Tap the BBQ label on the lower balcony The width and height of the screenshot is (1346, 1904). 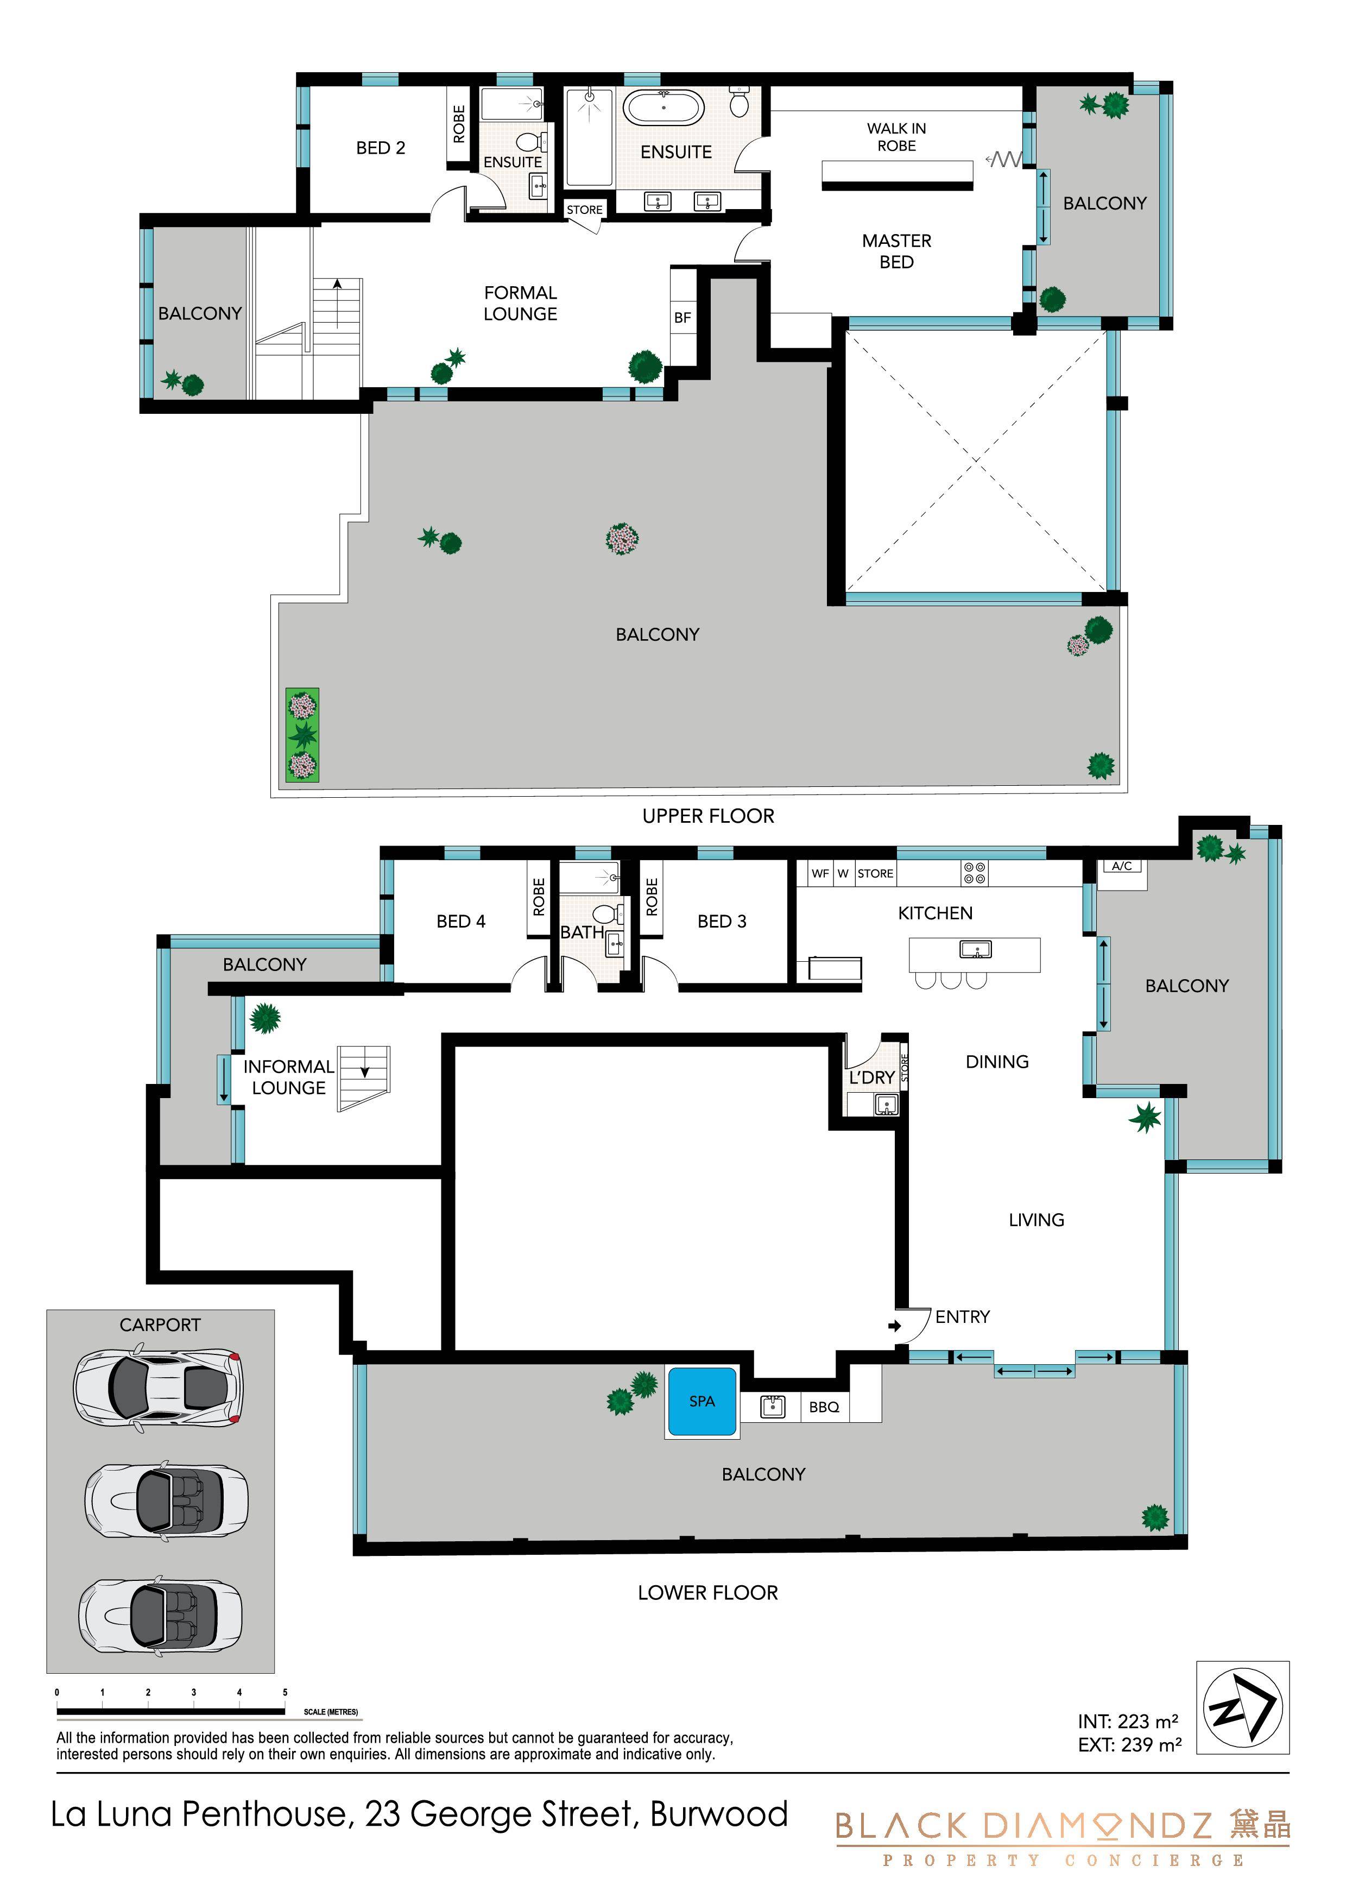point(824,1407)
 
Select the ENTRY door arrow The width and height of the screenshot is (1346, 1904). point(894,1326)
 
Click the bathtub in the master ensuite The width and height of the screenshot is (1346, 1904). point(663,108)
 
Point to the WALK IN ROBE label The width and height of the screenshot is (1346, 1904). point(896,137)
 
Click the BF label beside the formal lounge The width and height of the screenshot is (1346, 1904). point(683,318)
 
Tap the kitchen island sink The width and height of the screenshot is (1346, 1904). point(975,949)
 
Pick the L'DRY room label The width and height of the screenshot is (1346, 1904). point(871,1077)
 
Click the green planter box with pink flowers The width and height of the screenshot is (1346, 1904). point(303,735)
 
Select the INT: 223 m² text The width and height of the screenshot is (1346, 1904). point(1128,1722)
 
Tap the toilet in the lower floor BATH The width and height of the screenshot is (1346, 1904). point(606,912)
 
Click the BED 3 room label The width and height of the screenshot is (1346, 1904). point(722,922)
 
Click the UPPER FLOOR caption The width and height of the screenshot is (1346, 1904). point(708,816)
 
